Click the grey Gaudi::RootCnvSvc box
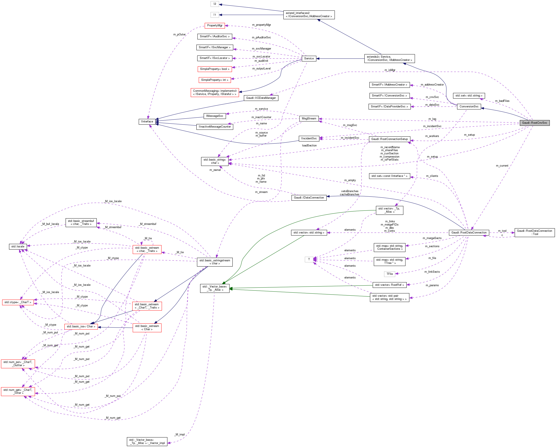[534, 123]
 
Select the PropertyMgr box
[214, 26]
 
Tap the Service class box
[309, 59]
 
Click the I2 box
[214, 4]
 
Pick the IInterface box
[147, 122]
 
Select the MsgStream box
[309, 119]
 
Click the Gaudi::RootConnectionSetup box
[389, 139]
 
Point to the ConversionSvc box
[469, 107]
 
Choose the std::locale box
[18, 247]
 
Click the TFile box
[390, 274]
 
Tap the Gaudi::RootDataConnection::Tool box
[534, 233]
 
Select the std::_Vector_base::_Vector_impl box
[147, 441]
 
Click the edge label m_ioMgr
[390, 70]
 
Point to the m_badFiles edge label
[502, 101]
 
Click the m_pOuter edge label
[179, 35]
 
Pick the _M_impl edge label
[179, 434]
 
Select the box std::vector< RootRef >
[389, 285]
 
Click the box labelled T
[309, 259]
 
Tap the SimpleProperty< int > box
[214, 80]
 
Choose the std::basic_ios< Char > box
[81, 327]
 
